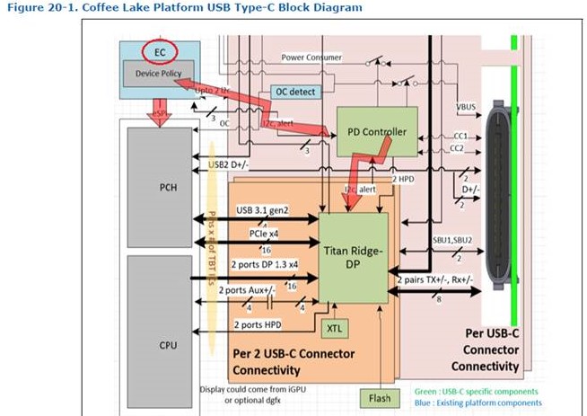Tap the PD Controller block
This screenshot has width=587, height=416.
pos(376,132)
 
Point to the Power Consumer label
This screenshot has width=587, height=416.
pos(311,57)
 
